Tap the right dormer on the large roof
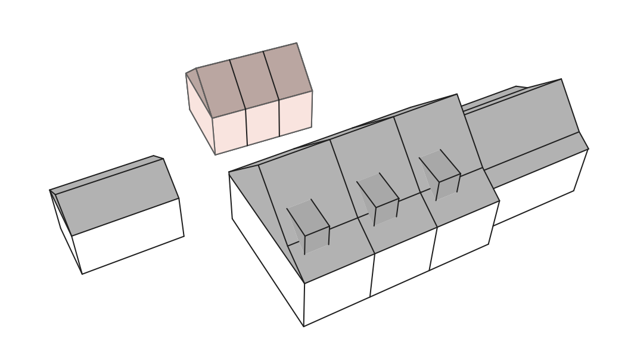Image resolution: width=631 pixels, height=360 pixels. point(440,174)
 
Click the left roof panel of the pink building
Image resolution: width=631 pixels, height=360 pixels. point(220,89)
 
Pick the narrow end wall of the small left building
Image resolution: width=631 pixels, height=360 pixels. point(66,232)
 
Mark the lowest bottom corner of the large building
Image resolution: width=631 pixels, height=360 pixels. point(304,326)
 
